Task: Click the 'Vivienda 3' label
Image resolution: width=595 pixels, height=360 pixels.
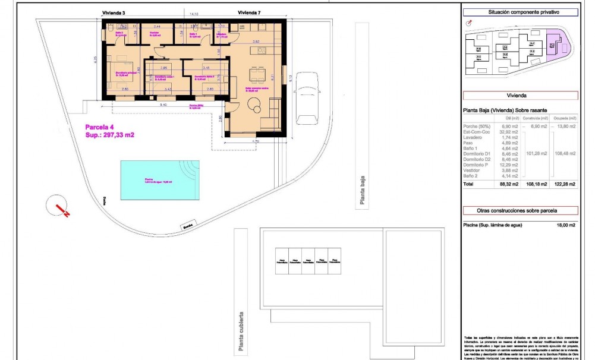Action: [111, 12]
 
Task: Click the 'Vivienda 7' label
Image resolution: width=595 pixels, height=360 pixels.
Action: [250, 12]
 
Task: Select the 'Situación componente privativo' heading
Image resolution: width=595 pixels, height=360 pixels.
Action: [520, 12]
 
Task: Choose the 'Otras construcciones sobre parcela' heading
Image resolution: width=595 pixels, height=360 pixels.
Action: [520, 210]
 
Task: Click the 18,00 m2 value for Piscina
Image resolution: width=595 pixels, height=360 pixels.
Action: [565, 225]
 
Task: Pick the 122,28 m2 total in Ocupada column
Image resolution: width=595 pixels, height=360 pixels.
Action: [564, 184]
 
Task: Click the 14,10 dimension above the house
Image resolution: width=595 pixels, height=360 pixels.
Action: [194, 13]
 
